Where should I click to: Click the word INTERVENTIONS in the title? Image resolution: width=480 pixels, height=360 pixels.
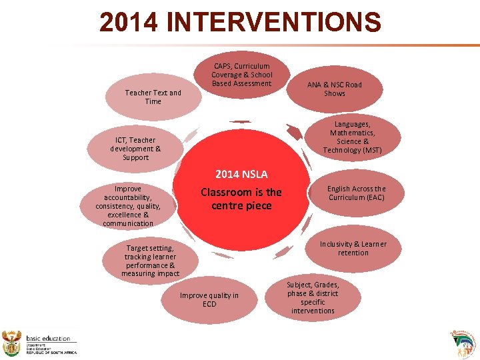click(273, 23)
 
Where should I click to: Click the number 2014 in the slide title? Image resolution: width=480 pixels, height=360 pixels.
click(129, 23)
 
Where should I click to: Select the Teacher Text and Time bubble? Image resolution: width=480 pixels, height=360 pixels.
click(153, 97)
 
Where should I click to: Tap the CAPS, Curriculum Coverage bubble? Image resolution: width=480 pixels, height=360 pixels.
click(242, 75)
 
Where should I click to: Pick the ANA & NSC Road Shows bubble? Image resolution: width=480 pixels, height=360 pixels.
click(334, 89)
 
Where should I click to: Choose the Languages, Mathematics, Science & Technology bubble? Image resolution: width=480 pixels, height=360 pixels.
click(352, 137)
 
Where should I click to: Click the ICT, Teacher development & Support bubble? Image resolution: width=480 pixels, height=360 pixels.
click(135, 149)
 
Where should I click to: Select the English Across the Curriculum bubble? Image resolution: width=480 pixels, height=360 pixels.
click(357, 193)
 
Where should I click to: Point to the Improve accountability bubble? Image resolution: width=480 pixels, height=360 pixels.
click(128, 206)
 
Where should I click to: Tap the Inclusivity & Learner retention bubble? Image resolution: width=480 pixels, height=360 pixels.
click(353, 249)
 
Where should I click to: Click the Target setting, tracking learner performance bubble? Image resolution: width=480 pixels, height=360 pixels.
click(150, 261)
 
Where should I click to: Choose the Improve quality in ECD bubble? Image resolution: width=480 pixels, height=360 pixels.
click(209, 300)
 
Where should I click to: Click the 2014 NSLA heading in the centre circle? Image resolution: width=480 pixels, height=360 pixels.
click(241, 175)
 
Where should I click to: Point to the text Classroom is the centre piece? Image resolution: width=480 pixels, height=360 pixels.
click(241, 199)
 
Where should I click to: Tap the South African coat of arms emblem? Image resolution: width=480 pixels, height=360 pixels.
click(13, 343)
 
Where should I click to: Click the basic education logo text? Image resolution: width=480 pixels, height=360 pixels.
click(48, 339)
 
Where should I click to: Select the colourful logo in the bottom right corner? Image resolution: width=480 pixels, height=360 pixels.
click(464, 343)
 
